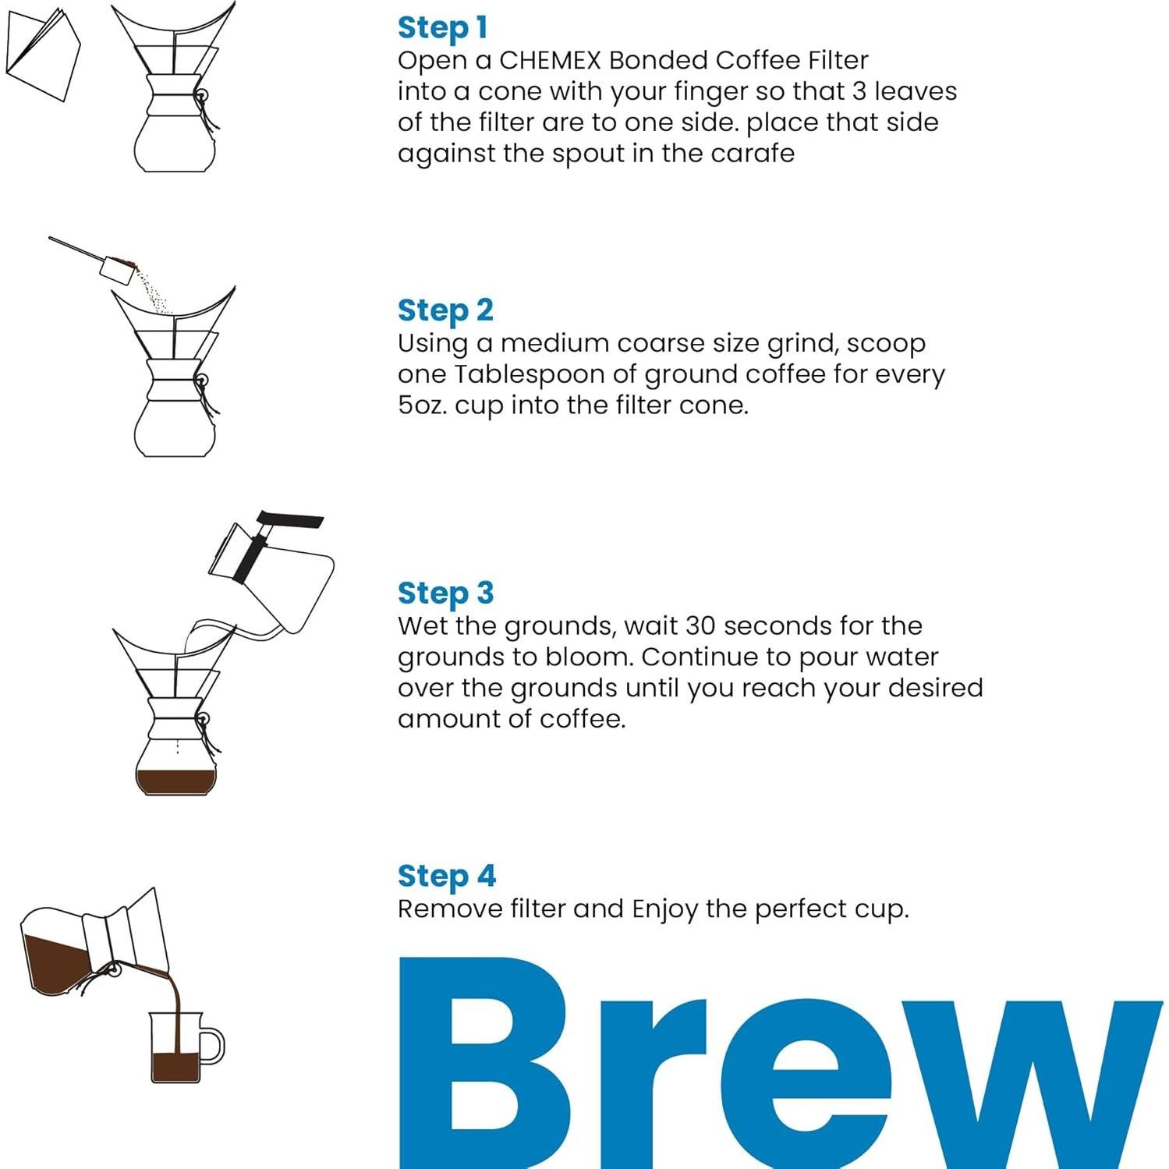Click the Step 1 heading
442,27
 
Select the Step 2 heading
445,310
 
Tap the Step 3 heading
445,593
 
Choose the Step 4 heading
446,876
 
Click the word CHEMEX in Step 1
549,61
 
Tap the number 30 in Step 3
700,626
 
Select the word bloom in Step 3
587,657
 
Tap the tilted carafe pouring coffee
86,948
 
